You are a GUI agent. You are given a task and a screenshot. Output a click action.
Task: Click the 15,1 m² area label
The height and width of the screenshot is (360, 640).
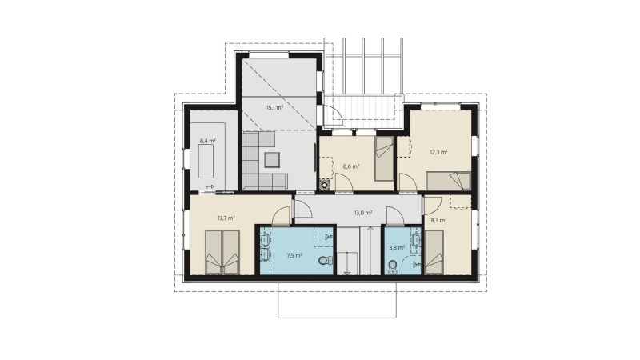click(x=274, y=108)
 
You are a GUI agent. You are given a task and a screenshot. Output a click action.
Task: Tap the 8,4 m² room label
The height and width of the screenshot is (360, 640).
click(x=207, y=141)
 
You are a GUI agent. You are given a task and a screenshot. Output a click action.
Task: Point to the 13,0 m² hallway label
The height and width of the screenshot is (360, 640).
click(x=363, y=213)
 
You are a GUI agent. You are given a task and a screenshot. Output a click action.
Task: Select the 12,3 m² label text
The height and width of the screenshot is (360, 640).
click(x=438, y=152)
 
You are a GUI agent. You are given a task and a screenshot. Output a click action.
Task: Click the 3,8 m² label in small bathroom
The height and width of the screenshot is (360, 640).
click(x=397, y=247)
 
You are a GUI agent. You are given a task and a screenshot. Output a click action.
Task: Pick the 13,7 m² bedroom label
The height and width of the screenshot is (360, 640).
click(x=226, y=218)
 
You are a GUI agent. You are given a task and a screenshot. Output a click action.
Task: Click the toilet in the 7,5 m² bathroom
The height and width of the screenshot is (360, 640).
click(x=326, y=260)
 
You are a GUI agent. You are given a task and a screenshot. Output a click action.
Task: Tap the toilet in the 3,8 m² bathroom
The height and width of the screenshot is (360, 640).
click(x=392, y=266)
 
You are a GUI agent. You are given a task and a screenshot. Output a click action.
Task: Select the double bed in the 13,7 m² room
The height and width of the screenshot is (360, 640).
click(x=222, y=252)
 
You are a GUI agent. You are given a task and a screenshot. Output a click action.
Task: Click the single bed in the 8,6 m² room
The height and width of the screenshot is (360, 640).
click(x=384, y=158)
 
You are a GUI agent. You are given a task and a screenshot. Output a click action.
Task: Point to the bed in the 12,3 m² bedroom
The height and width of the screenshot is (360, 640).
click(x=449, y=182)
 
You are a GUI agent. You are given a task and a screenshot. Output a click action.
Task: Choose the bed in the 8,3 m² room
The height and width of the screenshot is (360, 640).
click(x=434, y=252)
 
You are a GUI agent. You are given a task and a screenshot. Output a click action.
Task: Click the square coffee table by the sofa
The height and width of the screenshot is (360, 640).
click(x=272, y=160)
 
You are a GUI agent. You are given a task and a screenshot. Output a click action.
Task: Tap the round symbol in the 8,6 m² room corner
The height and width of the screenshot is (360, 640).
click(x=325, y=185)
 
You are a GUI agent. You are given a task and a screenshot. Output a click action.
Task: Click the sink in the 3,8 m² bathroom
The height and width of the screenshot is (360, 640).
click(x=416, y=240)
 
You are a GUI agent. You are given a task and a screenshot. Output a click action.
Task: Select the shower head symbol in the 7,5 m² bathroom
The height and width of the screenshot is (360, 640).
click(x=328, y=236)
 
